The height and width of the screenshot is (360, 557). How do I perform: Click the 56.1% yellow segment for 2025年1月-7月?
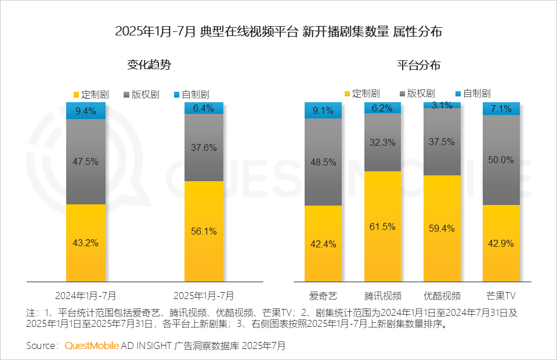[204, 231]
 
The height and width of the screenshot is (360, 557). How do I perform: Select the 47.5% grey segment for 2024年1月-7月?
[86, 161]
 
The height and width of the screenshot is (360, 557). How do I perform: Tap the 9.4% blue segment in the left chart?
[86, 111]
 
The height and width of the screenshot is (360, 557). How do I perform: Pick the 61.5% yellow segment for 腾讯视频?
[382, 226]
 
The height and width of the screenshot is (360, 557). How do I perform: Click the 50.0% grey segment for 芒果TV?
[501, 160]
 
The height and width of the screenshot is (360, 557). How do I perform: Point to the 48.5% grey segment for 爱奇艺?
[323, 162]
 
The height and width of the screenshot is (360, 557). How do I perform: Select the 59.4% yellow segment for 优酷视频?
[442, 228]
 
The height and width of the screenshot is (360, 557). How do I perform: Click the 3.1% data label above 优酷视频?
[442, 105]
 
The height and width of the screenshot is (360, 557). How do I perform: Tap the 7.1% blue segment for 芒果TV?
[501, 109]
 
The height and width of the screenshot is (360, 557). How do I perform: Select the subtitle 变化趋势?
[149, 65]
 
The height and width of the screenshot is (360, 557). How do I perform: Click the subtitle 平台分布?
[418, 65]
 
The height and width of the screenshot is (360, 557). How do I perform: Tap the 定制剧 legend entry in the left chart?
[91, 93]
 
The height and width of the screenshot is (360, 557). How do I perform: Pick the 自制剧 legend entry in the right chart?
[472, 93]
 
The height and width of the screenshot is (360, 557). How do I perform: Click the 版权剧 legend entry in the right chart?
[417, 93]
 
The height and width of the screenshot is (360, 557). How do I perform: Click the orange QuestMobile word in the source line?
[92, 345]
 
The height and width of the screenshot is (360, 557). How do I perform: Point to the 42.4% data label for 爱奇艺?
[323, 243]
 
